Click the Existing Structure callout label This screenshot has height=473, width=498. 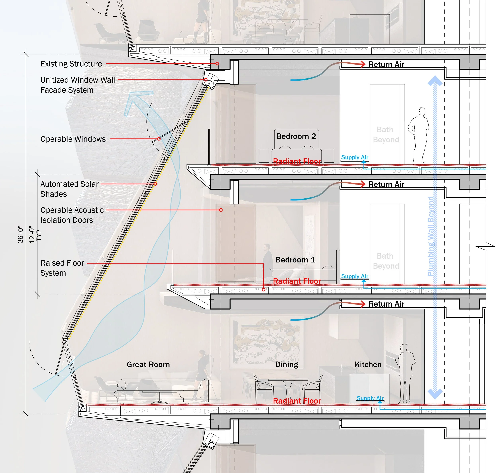pyautogui.click(x=71, y=64)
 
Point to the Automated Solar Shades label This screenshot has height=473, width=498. pyautogui.click(x=70, y=189)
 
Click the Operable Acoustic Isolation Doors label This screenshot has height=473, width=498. pyautogui.click(x=72, y=215)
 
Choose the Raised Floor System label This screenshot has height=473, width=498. pyautogui.click(x=62, y=268)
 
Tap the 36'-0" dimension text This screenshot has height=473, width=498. pyautogui.click(x=20, y=234)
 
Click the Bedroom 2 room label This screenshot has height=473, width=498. pyautogui.click(x=296, y=136)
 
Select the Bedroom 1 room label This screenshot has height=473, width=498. pyautogui.click(x=296, y=260)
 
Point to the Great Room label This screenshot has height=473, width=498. pyautogui.click(x=148, y=365)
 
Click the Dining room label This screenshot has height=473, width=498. pyautogui.click(x=287, y=365)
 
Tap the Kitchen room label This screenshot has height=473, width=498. pyautogui.click(x=368, y=365)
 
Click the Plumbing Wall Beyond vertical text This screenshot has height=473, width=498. pyautogui.click(x=431, y=236)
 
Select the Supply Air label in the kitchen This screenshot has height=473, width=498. pyautogui.click(x=370, y=398)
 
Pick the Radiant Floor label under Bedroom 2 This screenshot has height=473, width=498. pyautogui.click(x=297, y=161)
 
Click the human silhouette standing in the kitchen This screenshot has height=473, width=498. pyautogui.click(x=405, y=374)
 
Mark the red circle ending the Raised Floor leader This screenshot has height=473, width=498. pyautogui.click(x=264, y=289)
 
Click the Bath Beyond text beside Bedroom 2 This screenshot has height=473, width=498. pyautogui.click(x=386, y=135)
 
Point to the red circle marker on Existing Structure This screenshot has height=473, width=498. pyautogui.click(x=217, y=63)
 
